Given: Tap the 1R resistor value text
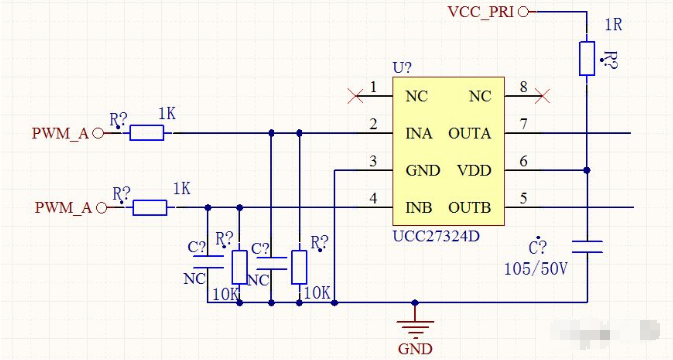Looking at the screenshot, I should click(x=615, y=24).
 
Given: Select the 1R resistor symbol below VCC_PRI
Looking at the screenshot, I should click(x=587, y=58).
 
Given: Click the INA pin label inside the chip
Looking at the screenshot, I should click(x=420, y=132).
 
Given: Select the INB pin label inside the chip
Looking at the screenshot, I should click(x=420, y=208).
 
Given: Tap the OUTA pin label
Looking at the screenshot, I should click(x=469, y=132).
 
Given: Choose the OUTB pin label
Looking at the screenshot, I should click(x=469, y=208).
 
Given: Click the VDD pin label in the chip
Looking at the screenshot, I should click(x=474, y=170).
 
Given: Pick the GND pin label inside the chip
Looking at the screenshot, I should click(x=423, y=170).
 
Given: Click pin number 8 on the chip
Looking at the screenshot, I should click(x=522, y=89).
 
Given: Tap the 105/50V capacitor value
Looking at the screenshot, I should click(x=536, y=269).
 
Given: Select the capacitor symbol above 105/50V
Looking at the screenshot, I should click(x=587, y=245).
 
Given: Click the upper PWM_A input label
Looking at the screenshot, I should click(x=60, y=133).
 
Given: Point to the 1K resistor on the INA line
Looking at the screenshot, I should click(x=148, y=133).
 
